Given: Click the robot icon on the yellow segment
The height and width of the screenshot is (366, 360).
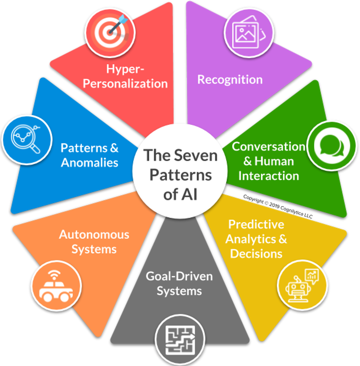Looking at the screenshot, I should [x=301, y=285].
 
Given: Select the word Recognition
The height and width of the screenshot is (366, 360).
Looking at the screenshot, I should [x=230, y=80].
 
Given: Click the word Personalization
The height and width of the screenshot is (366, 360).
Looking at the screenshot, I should [x=125, y=83].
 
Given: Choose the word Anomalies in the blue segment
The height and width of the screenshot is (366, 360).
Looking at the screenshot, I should [x=90, y=163].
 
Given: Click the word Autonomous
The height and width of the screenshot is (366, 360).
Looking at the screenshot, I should [x=94, y=235].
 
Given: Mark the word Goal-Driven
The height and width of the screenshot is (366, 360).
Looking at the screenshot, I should [x=179, y=277].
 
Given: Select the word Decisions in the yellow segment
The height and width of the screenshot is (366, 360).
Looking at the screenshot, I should [x=256, y=253].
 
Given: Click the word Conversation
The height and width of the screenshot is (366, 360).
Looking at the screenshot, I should [x=268, y=146].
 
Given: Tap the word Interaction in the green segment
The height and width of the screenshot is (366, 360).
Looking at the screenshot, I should [x=268, y=176].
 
